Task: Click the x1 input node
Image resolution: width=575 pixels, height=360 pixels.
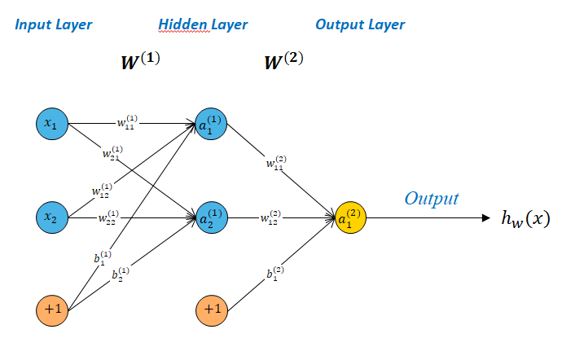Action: point(51,125)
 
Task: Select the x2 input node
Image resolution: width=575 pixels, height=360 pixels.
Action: point(51,217)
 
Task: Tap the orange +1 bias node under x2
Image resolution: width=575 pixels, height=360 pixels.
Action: point(51,310)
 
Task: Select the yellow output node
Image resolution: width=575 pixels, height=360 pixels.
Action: point(351,217)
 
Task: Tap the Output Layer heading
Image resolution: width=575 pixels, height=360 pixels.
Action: point(360,24)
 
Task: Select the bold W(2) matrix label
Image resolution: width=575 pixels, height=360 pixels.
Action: point(284,60)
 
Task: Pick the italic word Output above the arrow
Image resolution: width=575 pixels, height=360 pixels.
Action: point(432,199)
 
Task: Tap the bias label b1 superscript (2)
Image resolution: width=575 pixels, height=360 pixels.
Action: point(274,273)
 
